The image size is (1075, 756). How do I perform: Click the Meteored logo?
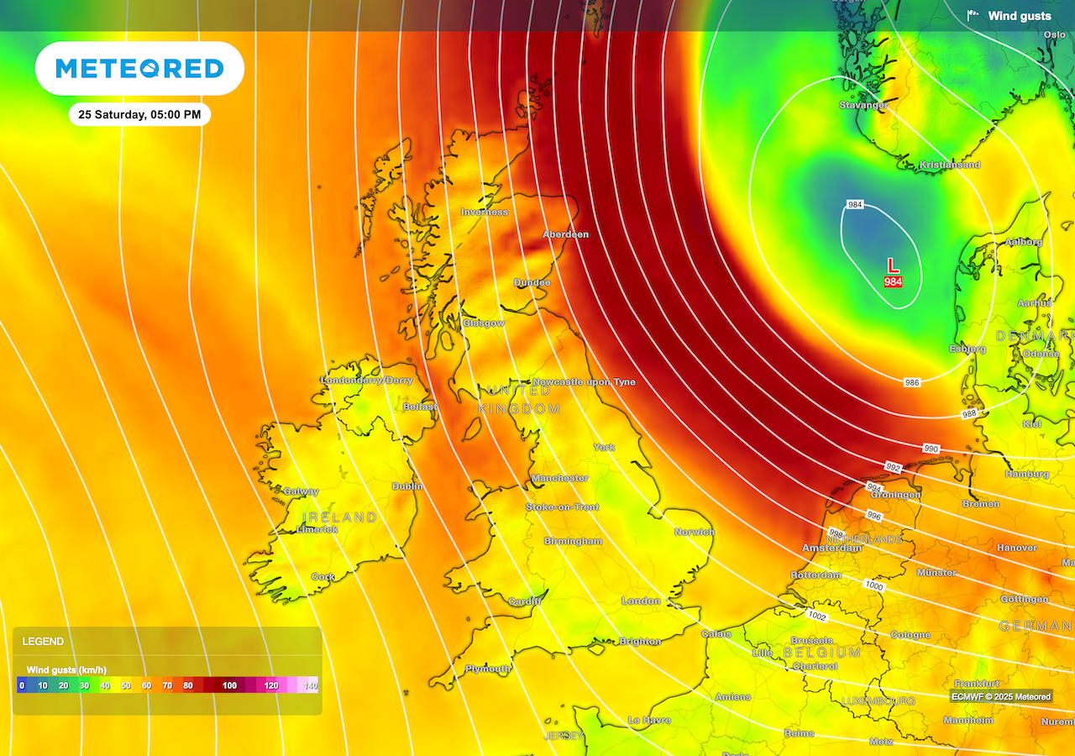[139, 68]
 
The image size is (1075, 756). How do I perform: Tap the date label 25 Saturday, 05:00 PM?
[139, 114]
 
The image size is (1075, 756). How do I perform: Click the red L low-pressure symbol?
[893, 265]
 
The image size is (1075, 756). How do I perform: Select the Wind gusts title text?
[1019, 16]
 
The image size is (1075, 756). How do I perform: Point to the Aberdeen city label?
[565, 234]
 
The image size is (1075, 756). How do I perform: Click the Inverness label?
[484, 213]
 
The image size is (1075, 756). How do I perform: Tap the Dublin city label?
[407, 486]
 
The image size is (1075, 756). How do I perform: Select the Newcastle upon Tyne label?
[584, 382]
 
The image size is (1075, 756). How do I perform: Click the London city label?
[641, 601]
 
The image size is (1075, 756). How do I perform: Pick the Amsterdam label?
[831, 548]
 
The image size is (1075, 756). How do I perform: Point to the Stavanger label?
[863, 105]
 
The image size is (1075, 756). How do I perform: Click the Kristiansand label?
[950, 165]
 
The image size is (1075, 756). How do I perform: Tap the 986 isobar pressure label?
[912, 382]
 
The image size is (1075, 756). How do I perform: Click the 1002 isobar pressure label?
[818, 617]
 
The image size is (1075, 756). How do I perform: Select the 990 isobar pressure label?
[931, 449]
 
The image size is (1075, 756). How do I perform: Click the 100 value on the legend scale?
[229, 686]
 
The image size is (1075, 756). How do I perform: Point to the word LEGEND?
[43, 642]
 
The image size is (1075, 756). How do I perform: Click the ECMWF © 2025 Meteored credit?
[1000, 696]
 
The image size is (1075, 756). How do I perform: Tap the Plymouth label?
[488, 669]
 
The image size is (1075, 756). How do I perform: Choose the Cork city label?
[323, 577]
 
